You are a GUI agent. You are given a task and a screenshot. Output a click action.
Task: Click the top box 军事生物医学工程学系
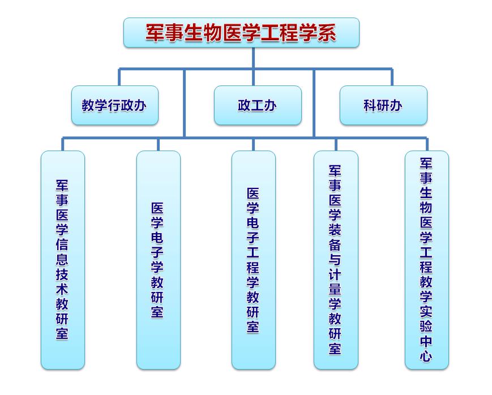pos(241,32)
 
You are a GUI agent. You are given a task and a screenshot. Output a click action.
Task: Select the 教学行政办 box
pos(114,105)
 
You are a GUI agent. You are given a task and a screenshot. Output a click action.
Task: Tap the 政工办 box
pos(258,105)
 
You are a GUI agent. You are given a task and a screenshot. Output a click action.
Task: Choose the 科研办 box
pos(383,105)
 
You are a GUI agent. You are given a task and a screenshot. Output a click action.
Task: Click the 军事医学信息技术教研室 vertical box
pos(62,260)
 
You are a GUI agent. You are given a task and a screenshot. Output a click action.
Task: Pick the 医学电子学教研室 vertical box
pos(158,260)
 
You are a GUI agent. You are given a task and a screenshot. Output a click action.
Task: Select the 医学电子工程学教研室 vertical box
pos(253,260)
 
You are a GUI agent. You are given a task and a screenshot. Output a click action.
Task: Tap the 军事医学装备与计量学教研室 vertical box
pos(336,260)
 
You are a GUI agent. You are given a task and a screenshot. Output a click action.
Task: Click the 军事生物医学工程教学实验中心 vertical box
pos(427,260)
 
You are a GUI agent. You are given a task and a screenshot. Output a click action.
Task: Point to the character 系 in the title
pos(326,33)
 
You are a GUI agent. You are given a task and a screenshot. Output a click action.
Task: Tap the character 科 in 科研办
pos(370,105)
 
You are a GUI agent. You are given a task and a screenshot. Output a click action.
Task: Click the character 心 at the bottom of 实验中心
pos(426,356)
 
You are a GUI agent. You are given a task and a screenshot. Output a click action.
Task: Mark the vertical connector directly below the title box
pos(253,58)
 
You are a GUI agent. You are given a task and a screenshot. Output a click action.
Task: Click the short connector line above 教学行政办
pos(119,77)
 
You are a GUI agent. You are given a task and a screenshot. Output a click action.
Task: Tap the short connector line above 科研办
pos(392,77)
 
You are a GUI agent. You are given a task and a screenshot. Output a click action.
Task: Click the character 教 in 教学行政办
pos(88,105)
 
